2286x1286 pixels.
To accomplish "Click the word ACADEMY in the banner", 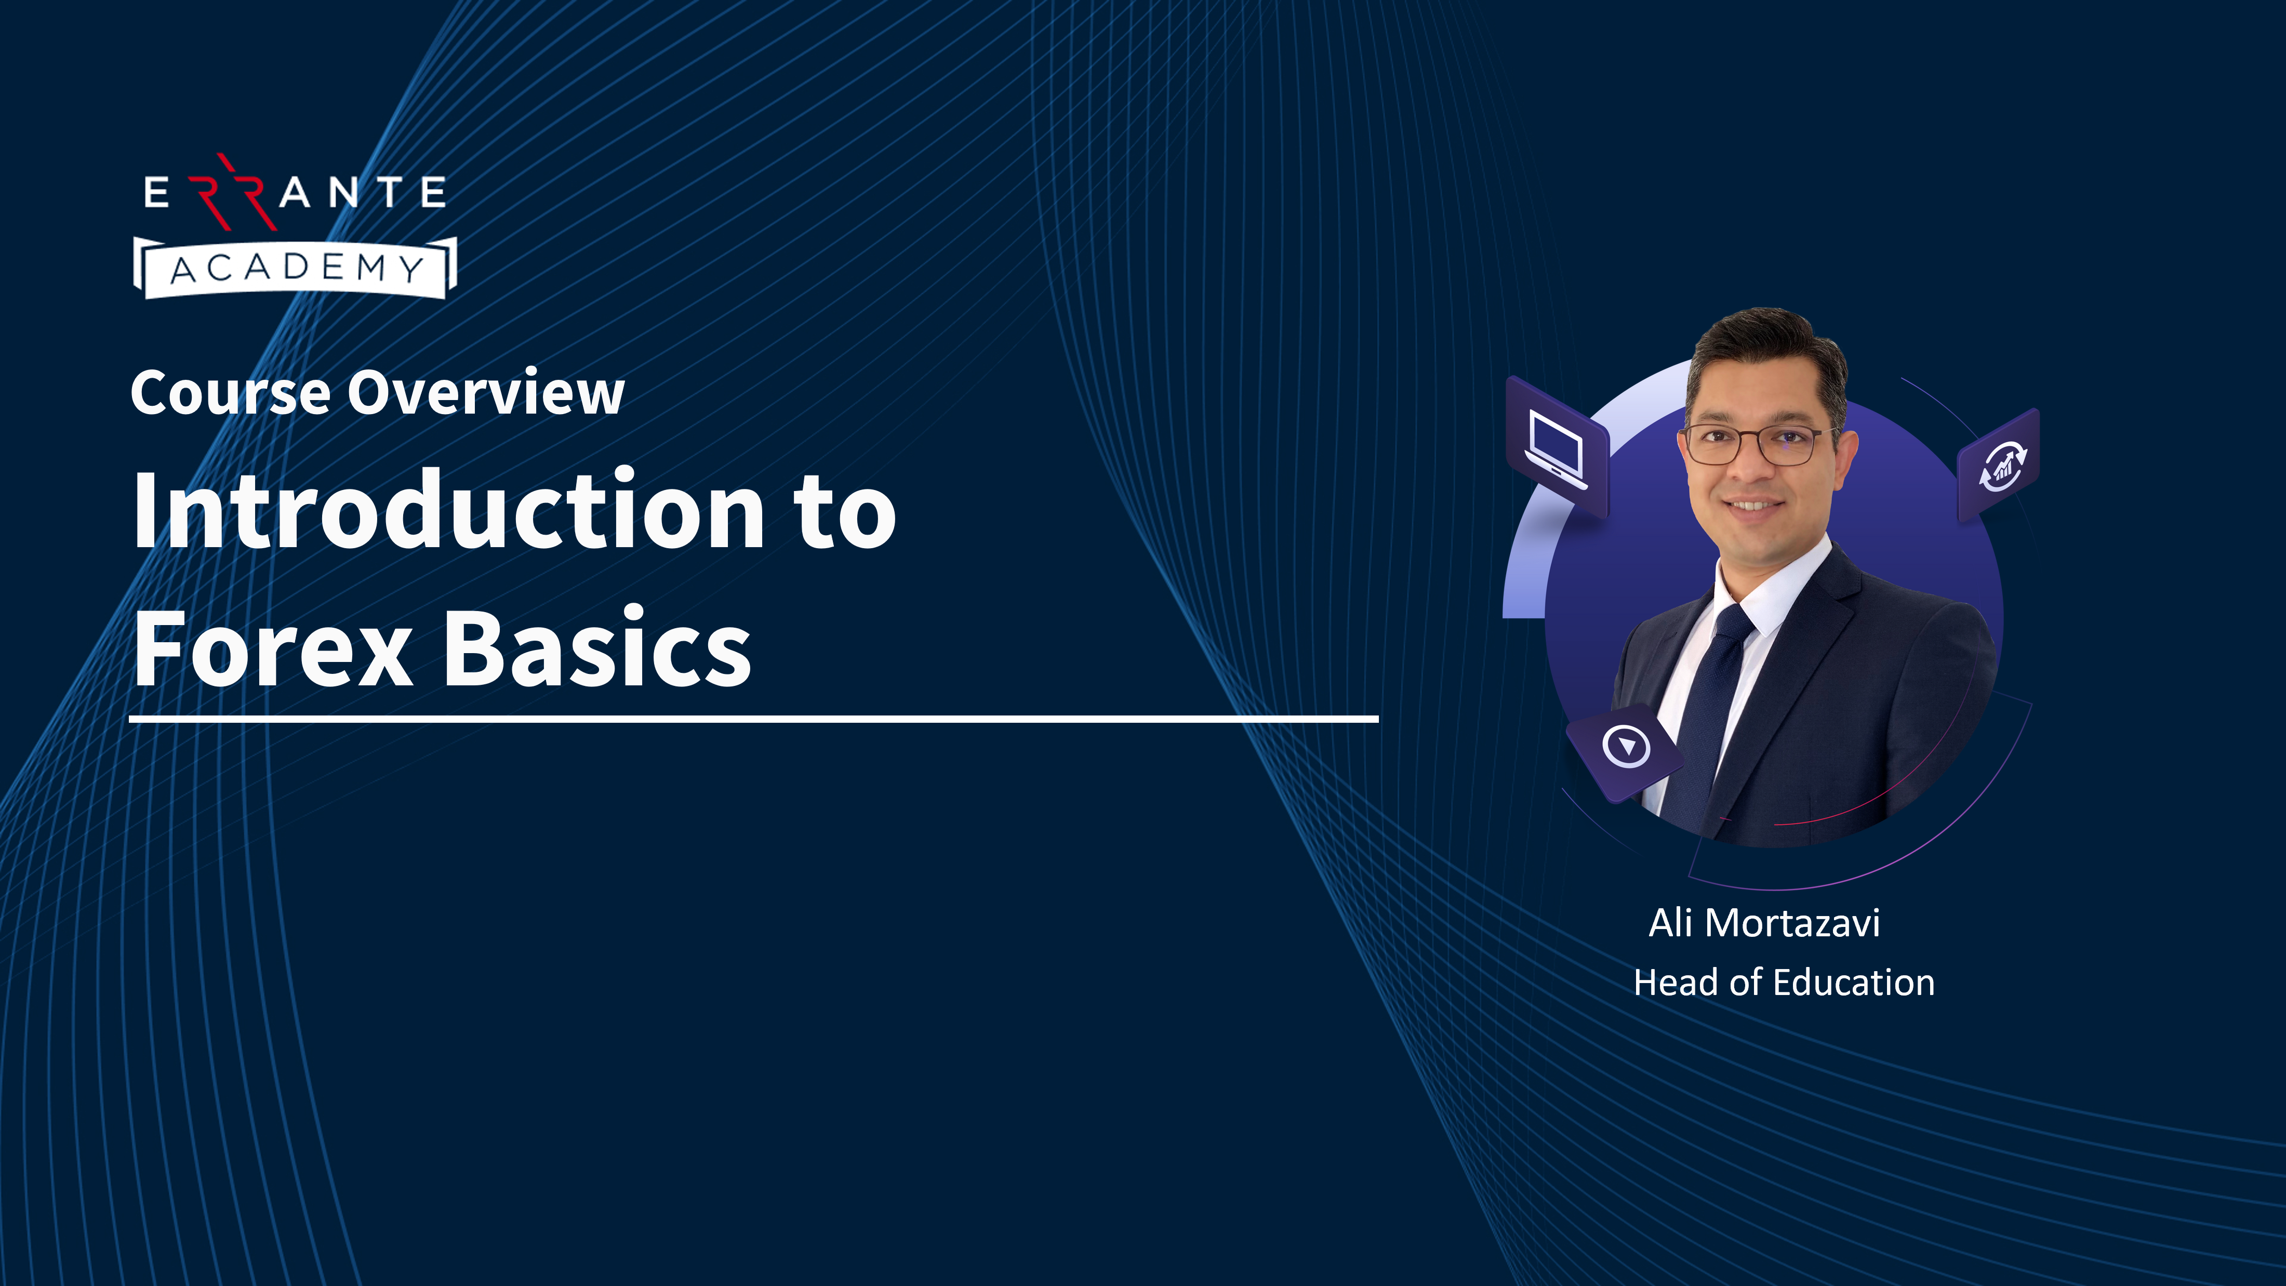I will click(x=296, y=268).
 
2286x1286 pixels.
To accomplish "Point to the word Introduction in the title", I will click(x=448, y=510).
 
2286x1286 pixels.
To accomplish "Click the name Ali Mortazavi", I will click(x=1764, y=923).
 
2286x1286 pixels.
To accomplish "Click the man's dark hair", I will click(x=1766, y=351).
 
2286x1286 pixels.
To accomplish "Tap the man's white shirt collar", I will click(x=1784, y=590).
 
